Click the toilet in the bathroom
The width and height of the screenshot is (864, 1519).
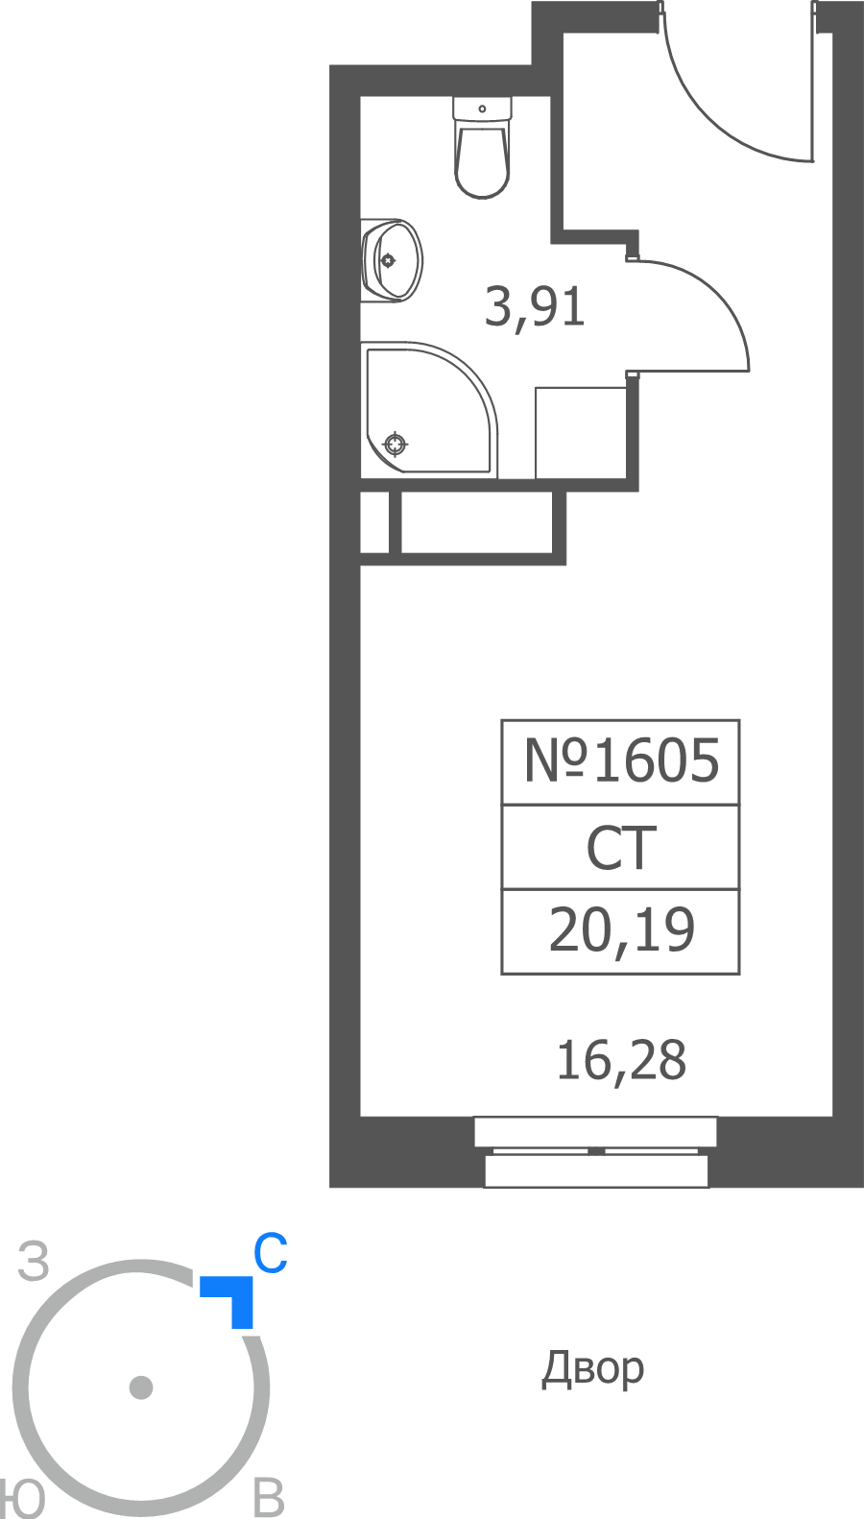[482, 147]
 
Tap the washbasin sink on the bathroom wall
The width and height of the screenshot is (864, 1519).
[392, 260]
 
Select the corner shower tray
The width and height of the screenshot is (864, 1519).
[429, 410]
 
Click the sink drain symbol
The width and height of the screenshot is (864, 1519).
[387, 260]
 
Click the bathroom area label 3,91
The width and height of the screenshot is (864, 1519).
[535, 308]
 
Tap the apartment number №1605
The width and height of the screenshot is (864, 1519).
[621, 760]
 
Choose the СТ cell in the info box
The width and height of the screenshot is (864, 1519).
[621, 848]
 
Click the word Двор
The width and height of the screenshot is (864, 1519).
[592, 1369]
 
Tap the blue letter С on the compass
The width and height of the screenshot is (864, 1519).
[271, 1253]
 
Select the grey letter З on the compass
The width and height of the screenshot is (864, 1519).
[34, 1261]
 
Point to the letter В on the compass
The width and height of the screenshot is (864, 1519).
[269, 1498]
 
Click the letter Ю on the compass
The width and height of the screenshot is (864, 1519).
[22, 1499]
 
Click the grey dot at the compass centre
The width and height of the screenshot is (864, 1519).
[141, 1387]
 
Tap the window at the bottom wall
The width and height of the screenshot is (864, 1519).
[595, 1151]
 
